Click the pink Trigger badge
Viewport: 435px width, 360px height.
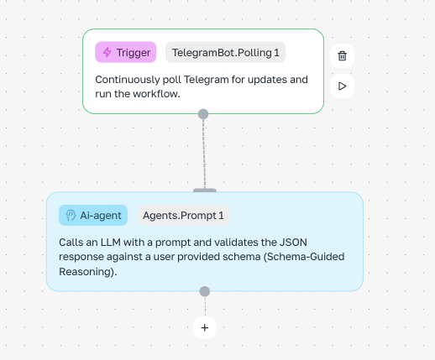click(x=126, y=52)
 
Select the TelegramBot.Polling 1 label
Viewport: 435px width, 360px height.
click(x=225, y=52)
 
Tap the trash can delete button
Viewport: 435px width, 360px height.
click(x=342, y=55)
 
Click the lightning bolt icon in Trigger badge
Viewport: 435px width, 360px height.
click(x=107, y=52)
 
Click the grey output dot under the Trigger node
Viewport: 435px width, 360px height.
click(x=203, y=114)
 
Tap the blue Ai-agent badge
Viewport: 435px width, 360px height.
click(x=93, y=215)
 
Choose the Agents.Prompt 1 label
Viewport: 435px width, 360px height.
click(x=183, y=215)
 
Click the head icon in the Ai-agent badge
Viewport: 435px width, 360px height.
click(x=71, y=216)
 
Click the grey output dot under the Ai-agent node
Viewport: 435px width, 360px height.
click(x=205, y=291)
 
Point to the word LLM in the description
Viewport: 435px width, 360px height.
click(x=111, y=243)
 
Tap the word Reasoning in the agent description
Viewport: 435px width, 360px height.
click(x=85, y=272)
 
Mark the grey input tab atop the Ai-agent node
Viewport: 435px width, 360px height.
click(x=205, y=190)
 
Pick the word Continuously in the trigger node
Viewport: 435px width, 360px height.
click(x=128, y=80)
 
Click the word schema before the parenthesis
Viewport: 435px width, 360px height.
click(x=242, y=257)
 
